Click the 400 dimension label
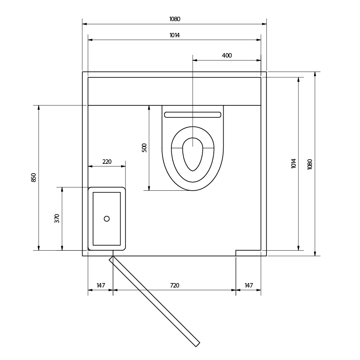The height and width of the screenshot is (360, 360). [227, 55]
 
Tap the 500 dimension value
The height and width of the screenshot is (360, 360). [144, 148]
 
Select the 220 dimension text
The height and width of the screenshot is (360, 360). [107, 162]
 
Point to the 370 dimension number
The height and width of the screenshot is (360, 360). [57, 218]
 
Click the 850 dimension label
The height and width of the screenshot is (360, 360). [33, 177]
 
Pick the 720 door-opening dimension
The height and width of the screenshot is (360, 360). [175, 285]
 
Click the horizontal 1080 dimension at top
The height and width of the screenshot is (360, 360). [175, 19]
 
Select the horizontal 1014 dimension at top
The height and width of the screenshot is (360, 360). [175, 35]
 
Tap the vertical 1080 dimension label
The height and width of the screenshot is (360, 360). [310, 164]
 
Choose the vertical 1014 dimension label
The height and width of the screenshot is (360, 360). [293, 163]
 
